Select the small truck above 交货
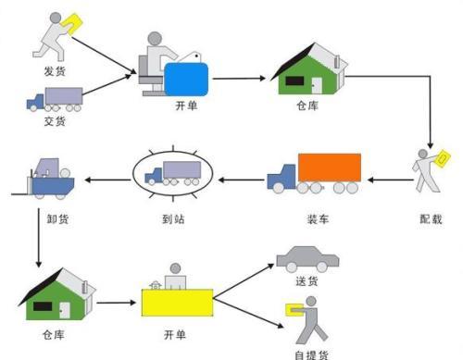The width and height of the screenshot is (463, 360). [x=55, y=98]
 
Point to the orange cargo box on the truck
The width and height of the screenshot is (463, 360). [x=329, y=168]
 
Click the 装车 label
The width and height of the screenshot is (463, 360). [x=318, y=220]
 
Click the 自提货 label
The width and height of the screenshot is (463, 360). [x=310, y=352]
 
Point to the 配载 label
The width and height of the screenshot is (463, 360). [x=431, y=220]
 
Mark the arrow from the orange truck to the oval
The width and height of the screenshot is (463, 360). [x=241, y=176]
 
